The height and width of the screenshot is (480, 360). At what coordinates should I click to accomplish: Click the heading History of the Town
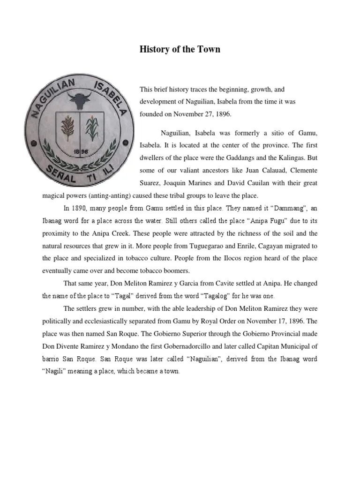pos(180,49)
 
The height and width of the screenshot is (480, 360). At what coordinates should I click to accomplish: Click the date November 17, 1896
pos(272,322)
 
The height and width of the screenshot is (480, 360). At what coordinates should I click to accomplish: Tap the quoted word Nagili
pos(54,372)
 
